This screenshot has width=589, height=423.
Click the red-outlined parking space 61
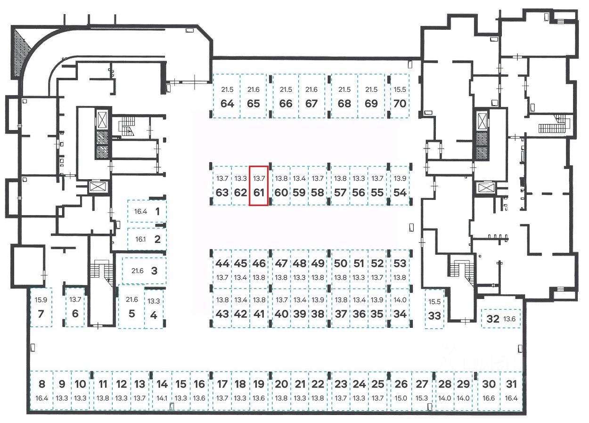[x=258, y=186]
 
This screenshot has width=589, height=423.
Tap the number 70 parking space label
[x=400, y=103]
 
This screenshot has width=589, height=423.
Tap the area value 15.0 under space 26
[x=401, y=398]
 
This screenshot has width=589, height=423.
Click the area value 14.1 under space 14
[x=162, y=398]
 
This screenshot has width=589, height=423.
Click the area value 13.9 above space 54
[x=400, y=179]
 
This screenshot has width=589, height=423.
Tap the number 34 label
[x=400, y=314]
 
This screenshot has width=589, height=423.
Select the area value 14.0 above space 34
[x=400, y=300]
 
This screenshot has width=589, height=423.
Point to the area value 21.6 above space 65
[x=254, y=90]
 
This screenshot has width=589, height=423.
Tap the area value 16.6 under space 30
[x=489, y=398]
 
